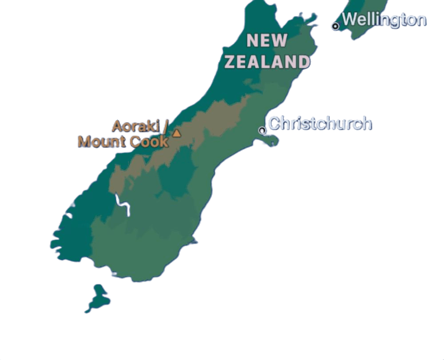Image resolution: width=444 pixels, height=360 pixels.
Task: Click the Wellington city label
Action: click(384, 20)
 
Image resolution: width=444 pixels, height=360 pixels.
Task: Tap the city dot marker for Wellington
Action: click(335, 26)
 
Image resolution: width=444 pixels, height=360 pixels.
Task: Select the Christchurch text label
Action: click(320, 123)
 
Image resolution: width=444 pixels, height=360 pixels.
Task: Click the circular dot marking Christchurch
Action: click(262, 130)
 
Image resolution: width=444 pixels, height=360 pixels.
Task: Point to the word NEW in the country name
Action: click(267, 41)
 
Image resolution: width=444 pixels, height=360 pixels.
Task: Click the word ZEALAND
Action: click(267, 62)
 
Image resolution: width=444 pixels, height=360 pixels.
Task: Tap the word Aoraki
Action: click(135, 126)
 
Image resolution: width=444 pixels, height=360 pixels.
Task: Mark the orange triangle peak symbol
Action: click(177, 133)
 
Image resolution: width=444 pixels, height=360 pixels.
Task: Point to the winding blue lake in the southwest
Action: click(123, 207)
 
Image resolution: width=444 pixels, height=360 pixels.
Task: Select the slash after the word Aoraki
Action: click(165, 126)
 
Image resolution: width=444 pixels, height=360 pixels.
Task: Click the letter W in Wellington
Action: click(350, 20)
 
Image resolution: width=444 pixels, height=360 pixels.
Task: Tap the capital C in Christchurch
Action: click(274, 123)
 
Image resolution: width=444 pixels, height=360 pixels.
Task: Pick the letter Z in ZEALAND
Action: click(230, 62)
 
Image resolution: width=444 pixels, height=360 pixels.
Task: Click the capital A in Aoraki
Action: click(117, 126)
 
